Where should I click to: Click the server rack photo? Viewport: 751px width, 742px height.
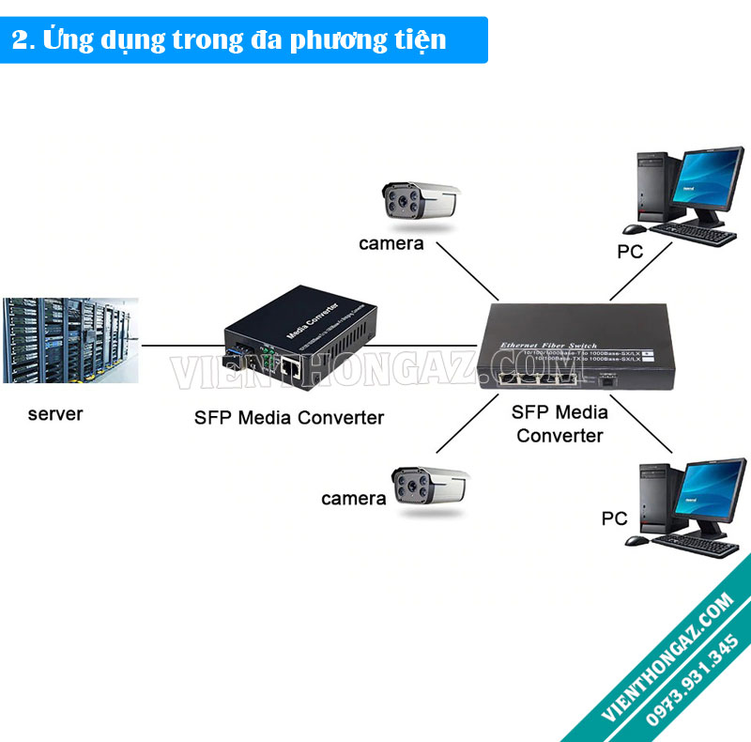coord(70,340)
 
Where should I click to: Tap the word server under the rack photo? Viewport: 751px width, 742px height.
coord(55,413)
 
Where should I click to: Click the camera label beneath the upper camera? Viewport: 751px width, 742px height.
coord(391,244)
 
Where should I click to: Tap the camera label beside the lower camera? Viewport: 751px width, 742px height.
coord(354,499)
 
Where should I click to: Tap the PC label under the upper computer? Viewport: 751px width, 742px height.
coord(631,252)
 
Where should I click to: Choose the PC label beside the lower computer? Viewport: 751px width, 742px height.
coord(615,518)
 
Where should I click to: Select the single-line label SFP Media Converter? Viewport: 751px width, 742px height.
coord(289,417)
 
